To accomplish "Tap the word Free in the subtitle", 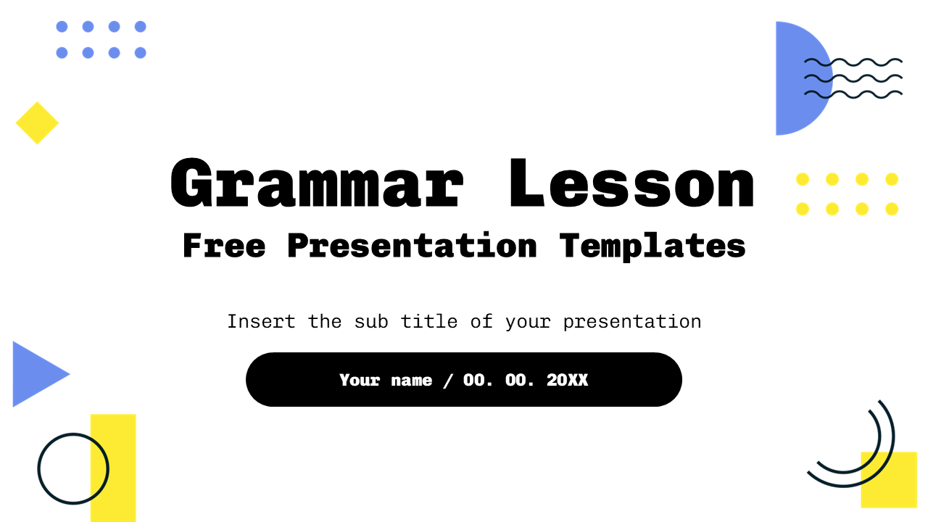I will pos(224,246).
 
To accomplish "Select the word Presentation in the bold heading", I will pos(412,246).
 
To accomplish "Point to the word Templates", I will pos(652,246).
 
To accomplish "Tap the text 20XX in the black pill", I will pos(567,380).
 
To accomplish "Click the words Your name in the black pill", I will pos(386,380).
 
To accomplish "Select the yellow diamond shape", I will pos(37,123).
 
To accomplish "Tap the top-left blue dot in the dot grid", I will pos(62,27).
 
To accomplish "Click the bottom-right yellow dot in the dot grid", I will pos(892,209).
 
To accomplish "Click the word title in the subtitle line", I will pos(429,321).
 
